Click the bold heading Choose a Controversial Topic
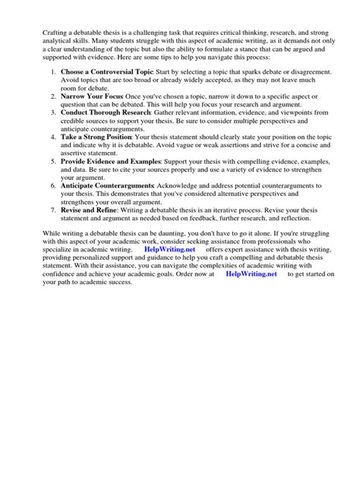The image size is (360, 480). [103, 71]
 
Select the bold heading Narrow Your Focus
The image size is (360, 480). [91, 96]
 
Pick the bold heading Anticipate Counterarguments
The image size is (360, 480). [107, 185]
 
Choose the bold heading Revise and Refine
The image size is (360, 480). [88, 210]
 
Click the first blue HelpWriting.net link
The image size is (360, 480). [169, 248]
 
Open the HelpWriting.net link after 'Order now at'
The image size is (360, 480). [251, 274]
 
